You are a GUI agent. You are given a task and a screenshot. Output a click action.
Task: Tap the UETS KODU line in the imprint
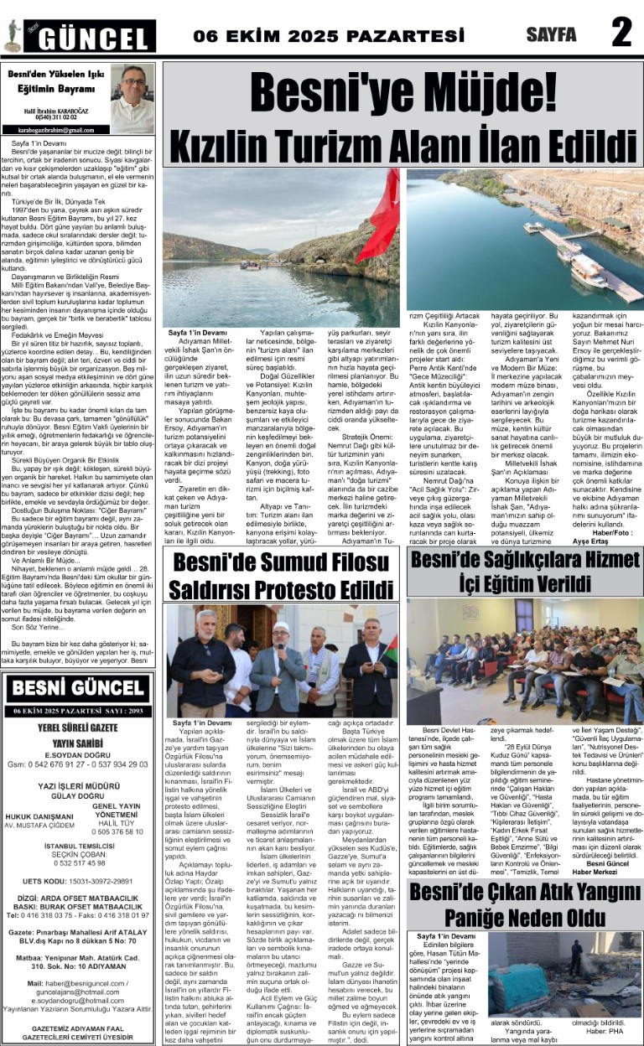pos(78,857)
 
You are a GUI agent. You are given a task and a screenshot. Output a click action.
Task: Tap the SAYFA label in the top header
pos(551,35)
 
